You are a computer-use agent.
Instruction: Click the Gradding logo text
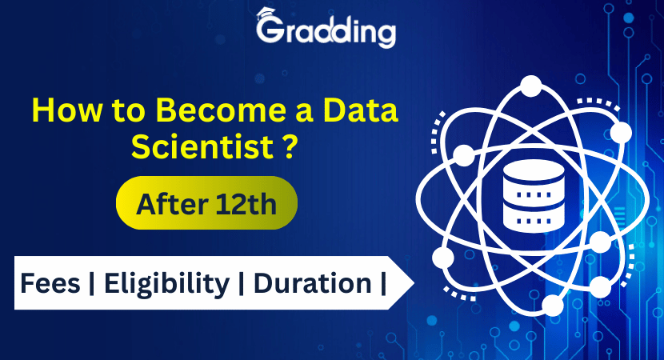click(326, 33)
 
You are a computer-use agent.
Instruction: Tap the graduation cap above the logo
click(267, 14)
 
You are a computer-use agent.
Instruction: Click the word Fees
click(50, 283)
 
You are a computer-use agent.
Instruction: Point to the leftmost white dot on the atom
click(442, 258)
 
